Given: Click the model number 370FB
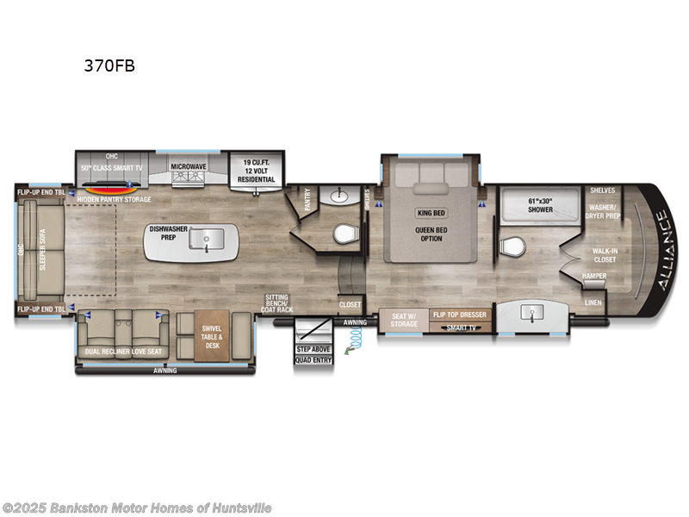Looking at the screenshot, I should pyautogui.click(x=109, y=65).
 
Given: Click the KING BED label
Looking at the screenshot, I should pyautogui.click(x=431, y=212).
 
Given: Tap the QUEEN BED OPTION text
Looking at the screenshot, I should pyautogui.click(x=431, y=234).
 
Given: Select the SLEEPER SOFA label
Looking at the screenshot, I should pyautogui.click(x=42, y=251).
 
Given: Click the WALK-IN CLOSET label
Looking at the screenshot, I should pyautogui.click(x=604, y=255).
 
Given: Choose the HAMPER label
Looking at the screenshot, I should pyautogui.click(x=594, y=276).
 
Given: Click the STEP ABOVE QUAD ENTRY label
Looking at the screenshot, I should pyautogui.click(x=313, y=355).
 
